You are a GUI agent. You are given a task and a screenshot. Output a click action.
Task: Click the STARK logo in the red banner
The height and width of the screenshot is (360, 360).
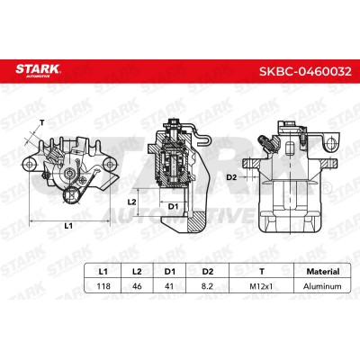[38, 71]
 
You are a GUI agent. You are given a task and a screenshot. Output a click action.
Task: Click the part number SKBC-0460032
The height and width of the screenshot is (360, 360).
[305, 71]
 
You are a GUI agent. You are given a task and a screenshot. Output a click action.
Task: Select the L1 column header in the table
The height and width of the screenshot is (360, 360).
[103, 272]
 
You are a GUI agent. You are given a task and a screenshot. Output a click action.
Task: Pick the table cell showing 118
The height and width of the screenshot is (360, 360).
[103, 286]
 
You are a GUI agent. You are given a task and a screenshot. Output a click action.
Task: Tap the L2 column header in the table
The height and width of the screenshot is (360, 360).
[137, 272]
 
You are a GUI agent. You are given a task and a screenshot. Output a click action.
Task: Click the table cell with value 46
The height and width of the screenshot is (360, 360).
[137, 286]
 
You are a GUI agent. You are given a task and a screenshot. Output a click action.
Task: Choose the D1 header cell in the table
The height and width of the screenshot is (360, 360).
[170, 272]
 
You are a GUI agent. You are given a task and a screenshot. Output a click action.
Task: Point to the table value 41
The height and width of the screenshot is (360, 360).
[169, 286]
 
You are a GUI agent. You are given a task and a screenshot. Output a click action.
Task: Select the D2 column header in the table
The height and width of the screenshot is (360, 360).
[208, 272]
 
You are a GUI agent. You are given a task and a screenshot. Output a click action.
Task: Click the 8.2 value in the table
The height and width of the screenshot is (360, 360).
[207, 286]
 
